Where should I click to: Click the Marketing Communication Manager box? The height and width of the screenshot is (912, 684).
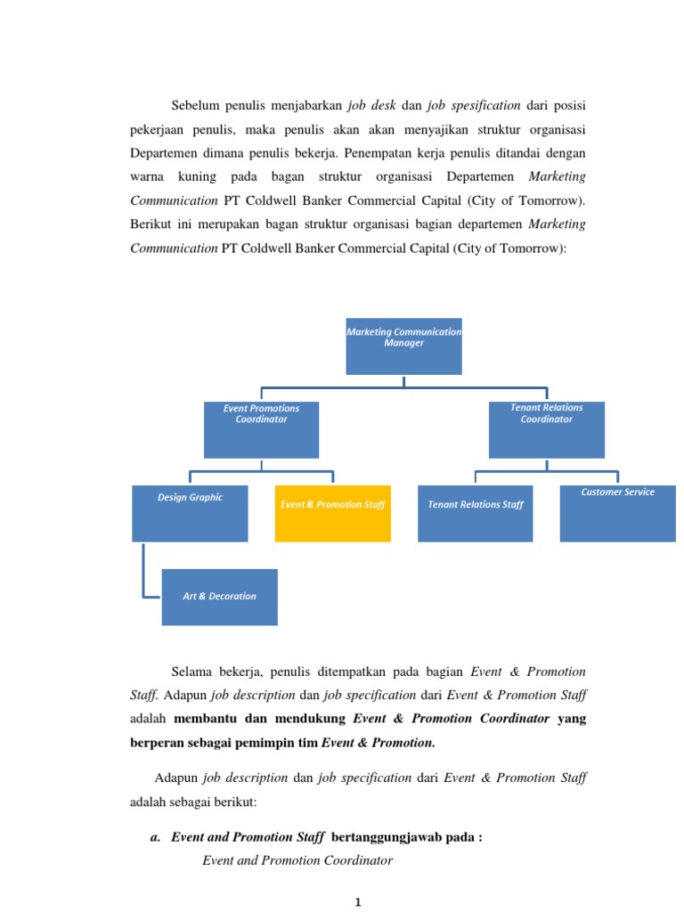pos(403,346)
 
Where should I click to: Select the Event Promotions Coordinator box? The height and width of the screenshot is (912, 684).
pos(261,429)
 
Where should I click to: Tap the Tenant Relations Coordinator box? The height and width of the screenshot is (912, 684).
pos(546,429)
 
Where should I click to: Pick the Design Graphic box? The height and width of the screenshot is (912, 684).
pos(190,513)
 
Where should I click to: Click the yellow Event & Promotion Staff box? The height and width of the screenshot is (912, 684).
pos(332,513)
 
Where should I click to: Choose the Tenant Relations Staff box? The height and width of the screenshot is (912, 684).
pos(475,513)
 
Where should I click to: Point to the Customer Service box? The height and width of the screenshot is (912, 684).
pos(617,513)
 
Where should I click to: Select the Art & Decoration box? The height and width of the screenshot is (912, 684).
pos(219,597)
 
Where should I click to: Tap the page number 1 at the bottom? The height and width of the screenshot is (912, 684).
pos(358,902)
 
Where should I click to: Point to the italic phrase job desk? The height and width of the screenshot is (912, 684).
pos(370,105)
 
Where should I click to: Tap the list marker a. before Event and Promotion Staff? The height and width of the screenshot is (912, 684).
pos(155,837)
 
